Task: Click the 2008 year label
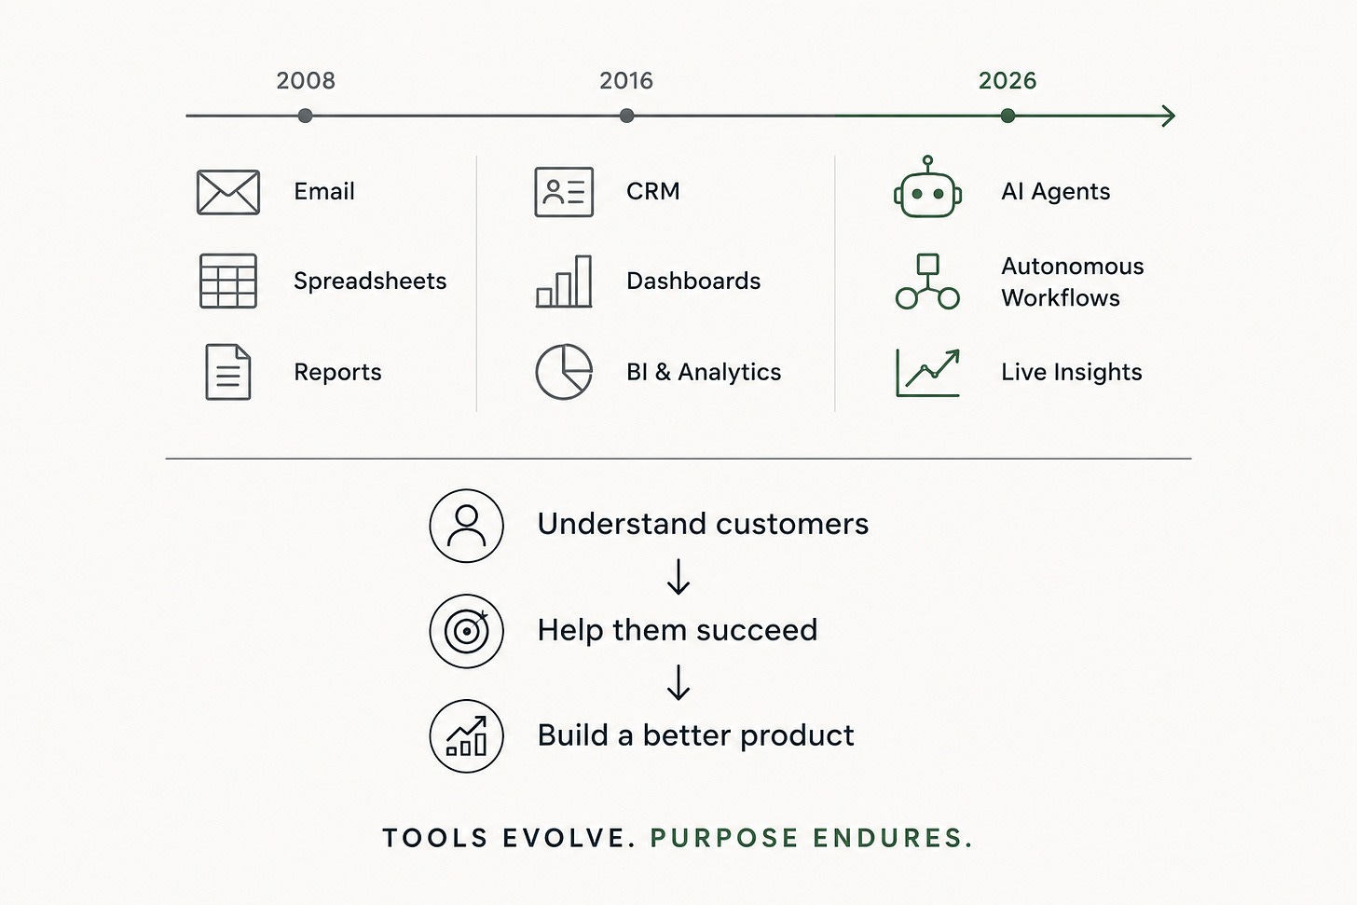tap(306, 80)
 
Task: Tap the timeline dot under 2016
tap(627, 116)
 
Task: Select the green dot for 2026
tap(1007, 116)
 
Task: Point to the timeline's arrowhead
tap(1169, 116)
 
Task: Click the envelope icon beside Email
tap(228, 192)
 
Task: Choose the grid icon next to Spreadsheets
tap(228, 281)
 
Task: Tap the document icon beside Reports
tap(227, 372)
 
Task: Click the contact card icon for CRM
tap(564, 192)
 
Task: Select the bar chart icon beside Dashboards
tap(564, 281)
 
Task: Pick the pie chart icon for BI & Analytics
tap(564, 372)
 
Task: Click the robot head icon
tap(927, 187)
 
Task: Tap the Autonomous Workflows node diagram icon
tap(927, 281)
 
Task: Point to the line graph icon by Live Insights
tap(927, 373)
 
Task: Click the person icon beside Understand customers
tap(466, 526)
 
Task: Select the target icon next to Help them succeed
tap(466, 631)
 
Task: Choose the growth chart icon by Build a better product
tap(466, 736)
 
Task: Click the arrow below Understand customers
tap(678, 577)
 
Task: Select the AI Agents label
tap(1055, 191)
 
